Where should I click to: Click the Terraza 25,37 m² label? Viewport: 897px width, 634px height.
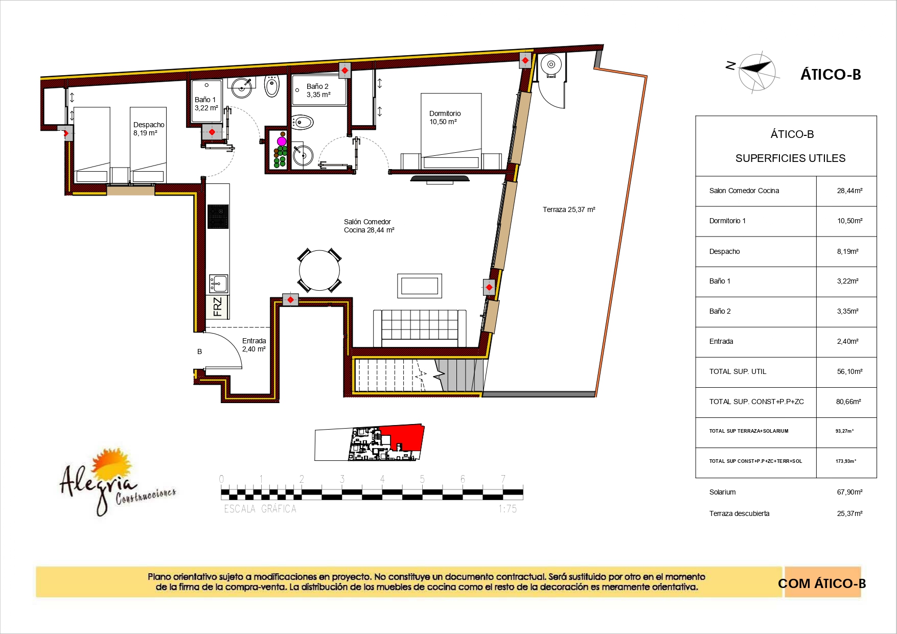click(x=569, y=209)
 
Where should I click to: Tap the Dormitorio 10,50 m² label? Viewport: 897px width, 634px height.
click(x=445, y=118)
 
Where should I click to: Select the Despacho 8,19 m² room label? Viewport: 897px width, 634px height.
click(x=149, y=129)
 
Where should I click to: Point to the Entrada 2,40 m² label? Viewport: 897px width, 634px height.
click(x=254, y=345)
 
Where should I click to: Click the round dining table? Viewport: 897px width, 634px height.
click(x=319, y=270)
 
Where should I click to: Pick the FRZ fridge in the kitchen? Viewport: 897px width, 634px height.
click(x=217, y=307)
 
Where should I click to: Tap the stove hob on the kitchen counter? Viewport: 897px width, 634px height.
click(x=218, y=216)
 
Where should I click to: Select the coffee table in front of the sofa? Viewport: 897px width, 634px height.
click(x=419, y=286)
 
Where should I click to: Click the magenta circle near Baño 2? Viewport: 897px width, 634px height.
click(x=282, y=141)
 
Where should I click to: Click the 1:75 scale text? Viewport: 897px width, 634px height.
click(x=508, y=509)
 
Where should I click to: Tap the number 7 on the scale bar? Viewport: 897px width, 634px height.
click(x=503, y=479)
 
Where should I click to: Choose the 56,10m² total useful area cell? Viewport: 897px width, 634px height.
click(x=849, y=371)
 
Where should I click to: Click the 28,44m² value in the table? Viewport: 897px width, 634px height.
click(x=849, y=191)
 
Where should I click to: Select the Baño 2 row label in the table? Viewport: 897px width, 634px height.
click(x=720, y=311)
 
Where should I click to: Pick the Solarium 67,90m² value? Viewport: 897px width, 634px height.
click(x=849, y=492)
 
